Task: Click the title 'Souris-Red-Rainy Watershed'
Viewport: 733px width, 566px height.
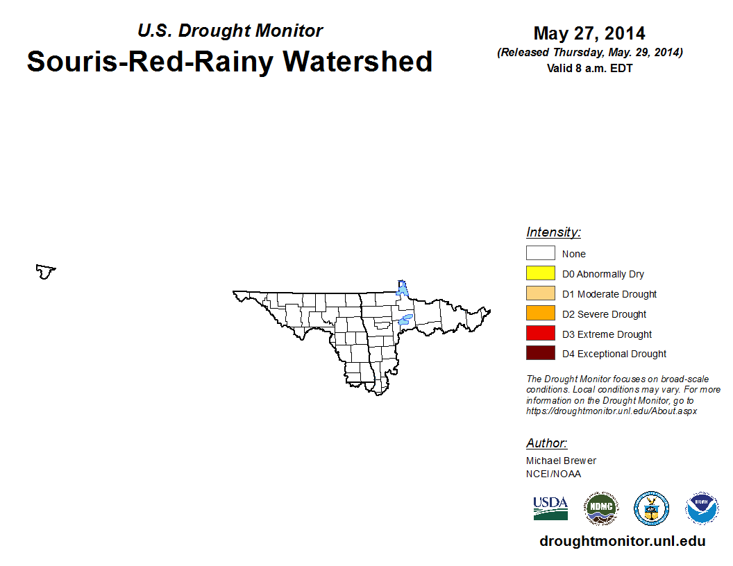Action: coord(230,62)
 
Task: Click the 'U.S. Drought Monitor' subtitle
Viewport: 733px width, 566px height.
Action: coord(230,31)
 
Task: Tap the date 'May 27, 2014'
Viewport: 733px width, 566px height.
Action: coord(589,33)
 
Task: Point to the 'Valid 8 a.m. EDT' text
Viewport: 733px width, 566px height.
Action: coord(589,68)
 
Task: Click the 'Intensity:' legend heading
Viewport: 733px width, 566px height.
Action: coord(553,232)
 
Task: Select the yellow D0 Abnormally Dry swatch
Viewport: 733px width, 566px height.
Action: coord(541,273)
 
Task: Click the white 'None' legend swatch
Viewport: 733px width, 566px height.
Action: coord(541,252)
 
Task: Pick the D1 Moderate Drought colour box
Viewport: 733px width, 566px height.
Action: coord(541,293)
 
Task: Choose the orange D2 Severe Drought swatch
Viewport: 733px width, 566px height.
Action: coord(541,313)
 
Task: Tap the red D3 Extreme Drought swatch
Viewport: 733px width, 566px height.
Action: coord(541,333)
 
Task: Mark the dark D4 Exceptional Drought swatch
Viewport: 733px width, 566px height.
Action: coord(541,352)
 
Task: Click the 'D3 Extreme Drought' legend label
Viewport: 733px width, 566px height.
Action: coord(607,334)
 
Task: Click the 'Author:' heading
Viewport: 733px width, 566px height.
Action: coord(546,443)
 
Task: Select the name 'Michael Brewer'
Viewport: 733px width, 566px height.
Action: coord(561,461)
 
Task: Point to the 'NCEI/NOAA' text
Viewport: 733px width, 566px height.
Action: coord(553,474)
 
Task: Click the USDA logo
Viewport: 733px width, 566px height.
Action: coord(550,508)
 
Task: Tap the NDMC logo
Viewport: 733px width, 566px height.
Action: coord(601,508)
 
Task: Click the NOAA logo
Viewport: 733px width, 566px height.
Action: coord(702,508)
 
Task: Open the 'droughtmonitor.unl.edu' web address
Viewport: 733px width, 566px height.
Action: coord(622,541)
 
